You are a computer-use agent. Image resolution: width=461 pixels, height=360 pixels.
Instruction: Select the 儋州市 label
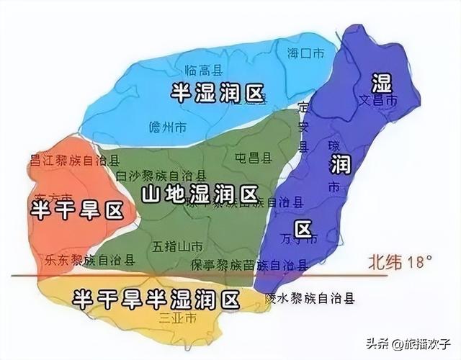click(171, 127)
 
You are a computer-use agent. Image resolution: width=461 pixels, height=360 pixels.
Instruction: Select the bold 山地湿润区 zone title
click(200, 194)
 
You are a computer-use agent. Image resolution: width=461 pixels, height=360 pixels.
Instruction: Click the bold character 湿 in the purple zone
click(380, 81)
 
